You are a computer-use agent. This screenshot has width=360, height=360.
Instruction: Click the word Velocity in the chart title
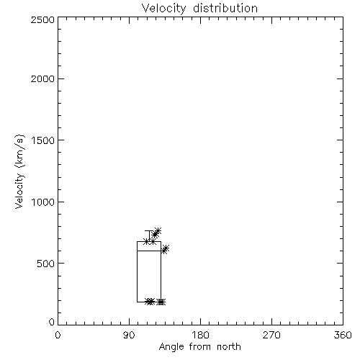point(163,9)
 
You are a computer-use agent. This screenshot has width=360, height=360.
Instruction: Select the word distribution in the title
point(225,8)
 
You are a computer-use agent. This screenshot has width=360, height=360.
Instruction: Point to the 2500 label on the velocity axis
point(42,19)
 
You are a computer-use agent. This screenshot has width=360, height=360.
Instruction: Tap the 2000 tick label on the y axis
point(42,78)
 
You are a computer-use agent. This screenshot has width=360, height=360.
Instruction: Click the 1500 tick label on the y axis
point(43,140)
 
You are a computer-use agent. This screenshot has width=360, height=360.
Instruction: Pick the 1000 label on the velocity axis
point(43,202)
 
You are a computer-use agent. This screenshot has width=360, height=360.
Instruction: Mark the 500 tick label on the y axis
point(46,264)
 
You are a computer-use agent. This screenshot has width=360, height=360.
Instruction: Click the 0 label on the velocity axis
point(52,322)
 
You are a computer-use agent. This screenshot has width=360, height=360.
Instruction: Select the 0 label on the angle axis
point(58,335)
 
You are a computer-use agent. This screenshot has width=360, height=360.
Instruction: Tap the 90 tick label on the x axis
point(129,335)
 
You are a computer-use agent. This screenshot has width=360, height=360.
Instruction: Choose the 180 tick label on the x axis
point(200,335)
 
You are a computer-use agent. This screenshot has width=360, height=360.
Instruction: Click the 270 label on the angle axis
point(271,335)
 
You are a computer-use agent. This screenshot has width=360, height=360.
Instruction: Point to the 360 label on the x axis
point(343,335)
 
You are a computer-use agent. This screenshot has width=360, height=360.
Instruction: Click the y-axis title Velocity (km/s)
point(19,171)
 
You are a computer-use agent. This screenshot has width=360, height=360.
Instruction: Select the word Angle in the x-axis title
point(171,347)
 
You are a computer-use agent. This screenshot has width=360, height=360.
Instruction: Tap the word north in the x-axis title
point(229,347)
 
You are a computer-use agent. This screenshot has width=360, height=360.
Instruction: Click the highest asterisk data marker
point(158,231)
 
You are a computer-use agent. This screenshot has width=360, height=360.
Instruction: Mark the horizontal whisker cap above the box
point(149,231)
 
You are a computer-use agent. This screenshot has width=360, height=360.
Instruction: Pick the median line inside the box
point(149,251)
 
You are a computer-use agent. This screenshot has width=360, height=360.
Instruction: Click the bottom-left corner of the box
point(138,302)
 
